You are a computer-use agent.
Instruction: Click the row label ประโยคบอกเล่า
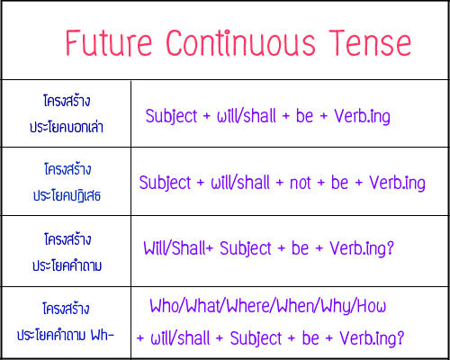point(66,128)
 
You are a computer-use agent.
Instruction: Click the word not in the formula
point(301,183)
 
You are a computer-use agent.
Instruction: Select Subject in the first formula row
point(174,116)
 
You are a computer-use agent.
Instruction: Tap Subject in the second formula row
point(167,183)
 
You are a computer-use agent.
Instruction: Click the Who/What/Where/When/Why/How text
point(267,307)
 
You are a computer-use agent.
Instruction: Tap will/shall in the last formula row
point(183,338)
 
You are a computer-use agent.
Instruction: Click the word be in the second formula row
point(339,183)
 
